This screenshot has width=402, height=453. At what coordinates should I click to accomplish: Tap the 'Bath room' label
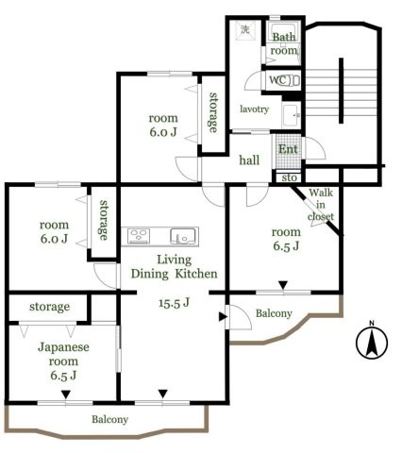pos(285,43)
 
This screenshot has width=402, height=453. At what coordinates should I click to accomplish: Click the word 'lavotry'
pos(254,109)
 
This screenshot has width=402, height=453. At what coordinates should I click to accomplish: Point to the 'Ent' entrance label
pos(288,150)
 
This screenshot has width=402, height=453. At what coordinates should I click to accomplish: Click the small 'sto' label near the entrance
pos(288,176)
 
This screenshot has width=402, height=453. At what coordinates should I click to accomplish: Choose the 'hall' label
pos(249,160)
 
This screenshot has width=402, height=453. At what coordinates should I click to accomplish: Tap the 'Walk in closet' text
pos(320,205)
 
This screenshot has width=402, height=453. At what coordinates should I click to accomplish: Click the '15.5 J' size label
pos(173,303)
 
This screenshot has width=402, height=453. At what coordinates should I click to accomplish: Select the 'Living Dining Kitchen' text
pos(175,265)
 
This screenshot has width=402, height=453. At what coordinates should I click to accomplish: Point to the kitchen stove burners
pos(139,235)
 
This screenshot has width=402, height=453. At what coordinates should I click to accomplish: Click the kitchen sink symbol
pos(181,235)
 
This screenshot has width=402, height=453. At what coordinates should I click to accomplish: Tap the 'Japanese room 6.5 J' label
pos(63,360)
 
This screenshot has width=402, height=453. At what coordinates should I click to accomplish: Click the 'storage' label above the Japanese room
pos(48,307)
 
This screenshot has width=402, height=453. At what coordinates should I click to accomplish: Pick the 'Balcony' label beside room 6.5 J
pos(274,313)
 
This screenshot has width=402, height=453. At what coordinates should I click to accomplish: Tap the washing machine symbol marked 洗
pos(244,30)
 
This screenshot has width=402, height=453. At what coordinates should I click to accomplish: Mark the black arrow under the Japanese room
pos(65,394)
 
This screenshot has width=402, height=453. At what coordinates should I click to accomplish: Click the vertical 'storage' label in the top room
pos(214,112)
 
